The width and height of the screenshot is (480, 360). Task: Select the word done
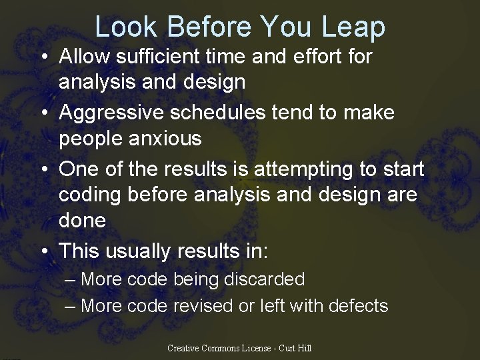pyautogui.click(x=82, y=221)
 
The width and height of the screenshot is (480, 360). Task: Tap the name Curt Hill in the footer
pyautogui.click(x=295, y=348)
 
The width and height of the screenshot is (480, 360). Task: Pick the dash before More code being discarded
pyautogui.click(x=71, y=279)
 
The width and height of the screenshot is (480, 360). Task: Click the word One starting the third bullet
pyautogui.click(x=79, y=169)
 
